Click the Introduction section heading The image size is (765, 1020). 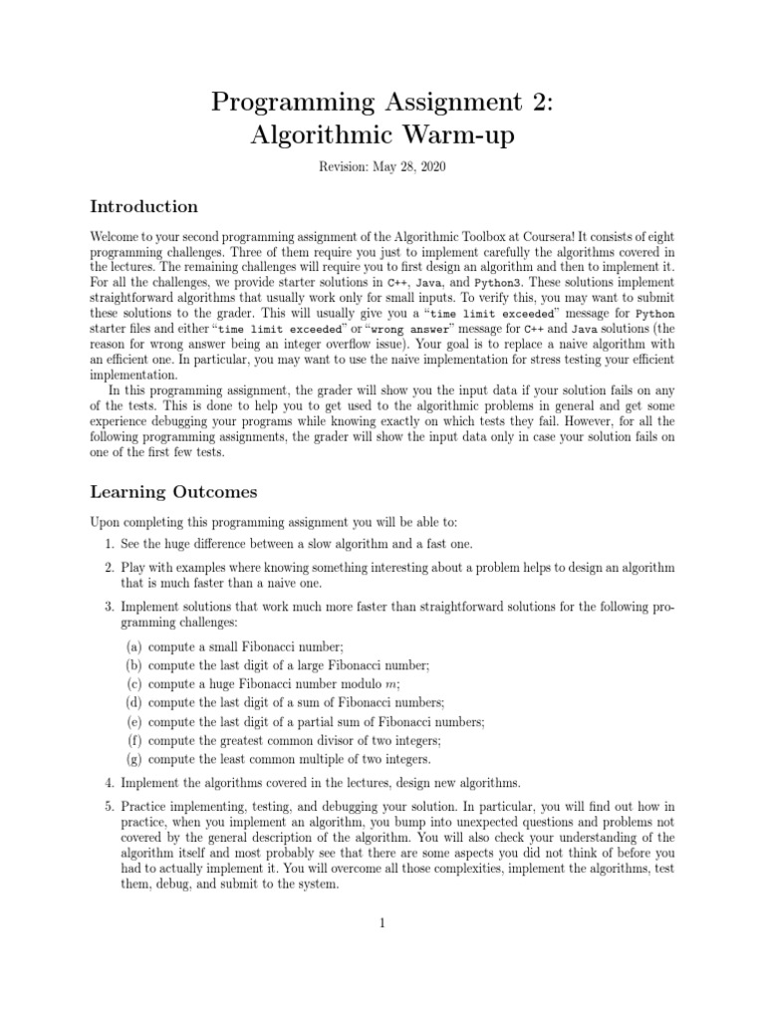(x=144, y=207)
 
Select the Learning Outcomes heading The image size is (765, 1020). (x=173, y=492)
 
